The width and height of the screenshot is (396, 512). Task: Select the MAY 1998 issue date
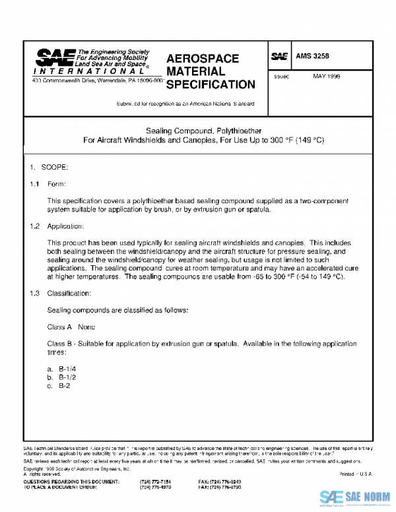pos(326,77)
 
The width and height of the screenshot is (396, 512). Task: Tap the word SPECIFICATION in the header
pos(210,84)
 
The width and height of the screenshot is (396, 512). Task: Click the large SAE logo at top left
pos(55,57)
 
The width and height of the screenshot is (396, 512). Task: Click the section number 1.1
pos(35,184)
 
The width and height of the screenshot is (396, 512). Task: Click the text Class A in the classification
pos(59,327)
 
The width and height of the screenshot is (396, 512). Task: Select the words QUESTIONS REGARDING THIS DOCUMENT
pos(63,482)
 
